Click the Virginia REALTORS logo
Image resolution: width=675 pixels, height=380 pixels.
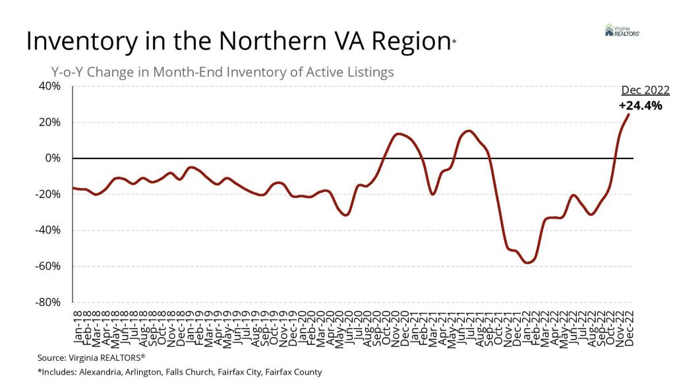[622, 30]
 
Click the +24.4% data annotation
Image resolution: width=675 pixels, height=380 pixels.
[640, 106]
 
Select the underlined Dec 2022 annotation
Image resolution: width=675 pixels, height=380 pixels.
[645, 91]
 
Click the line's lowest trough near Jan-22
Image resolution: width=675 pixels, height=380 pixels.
[527, 263]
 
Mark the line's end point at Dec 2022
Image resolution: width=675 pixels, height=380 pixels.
[628, 114]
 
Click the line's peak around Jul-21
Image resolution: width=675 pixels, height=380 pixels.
[467, 131]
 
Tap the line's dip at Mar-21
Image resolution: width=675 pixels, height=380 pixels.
[432, 194]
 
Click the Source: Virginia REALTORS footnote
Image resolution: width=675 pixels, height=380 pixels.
[91, 357]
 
